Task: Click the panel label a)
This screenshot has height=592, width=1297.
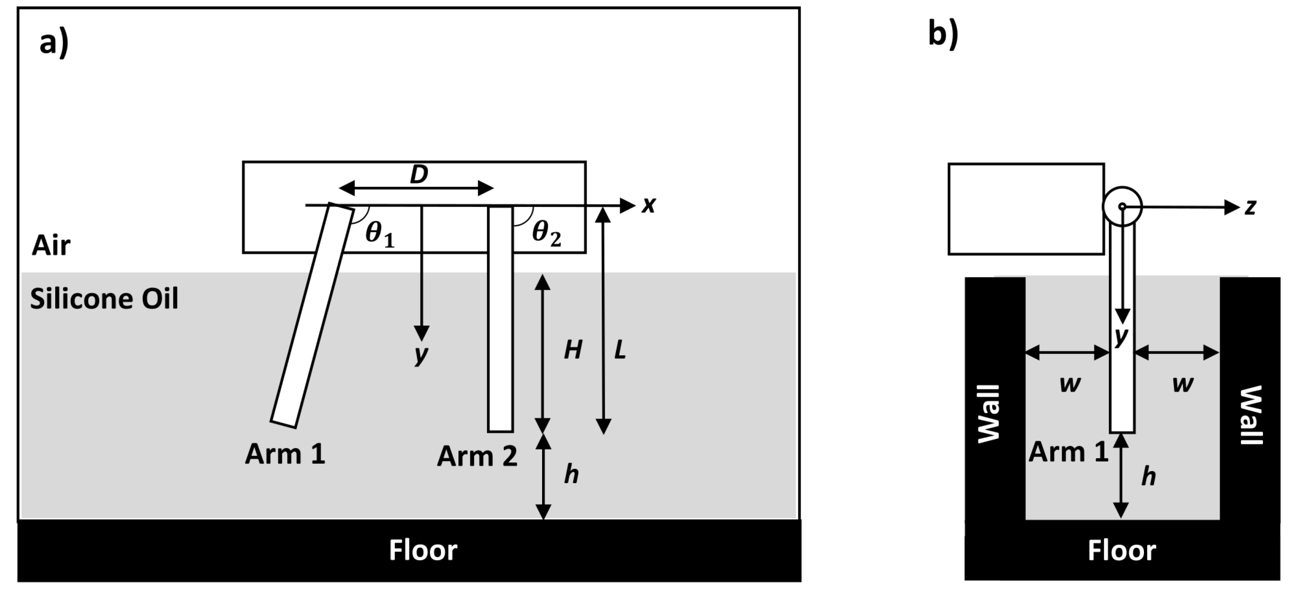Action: (54, 43)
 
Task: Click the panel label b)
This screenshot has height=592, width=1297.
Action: (943, 35)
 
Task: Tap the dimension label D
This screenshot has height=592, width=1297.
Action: (418, 175)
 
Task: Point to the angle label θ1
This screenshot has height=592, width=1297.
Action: (380, 234)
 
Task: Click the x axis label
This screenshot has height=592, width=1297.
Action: (648, 205)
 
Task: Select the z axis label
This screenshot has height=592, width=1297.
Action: (1251, 207)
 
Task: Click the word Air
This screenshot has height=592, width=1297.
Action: (51, 245)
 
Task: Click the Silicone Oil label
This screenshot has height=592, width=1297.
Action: (104, 299)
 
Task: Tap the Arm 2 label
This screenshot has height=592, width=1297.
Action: (477, 456)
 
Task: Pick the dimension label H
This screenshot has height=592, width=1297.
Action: (573, 349)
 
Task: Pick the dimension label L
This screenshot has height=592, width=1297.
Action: (620, 349)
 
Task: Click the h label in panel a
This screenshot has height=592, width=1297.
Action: (571, 474)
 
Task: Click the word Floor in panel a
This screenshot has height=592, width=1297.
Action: (423, 550)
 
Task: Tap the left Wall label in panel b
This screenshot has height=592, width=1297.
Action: (988, 414)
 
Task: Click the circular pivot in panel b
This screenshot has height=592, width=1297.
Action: (1122, 206)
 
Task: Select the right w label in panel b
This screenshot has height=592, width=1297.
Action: (1182, 384)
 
